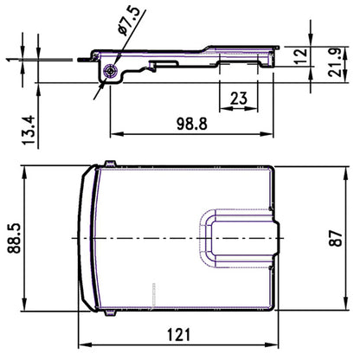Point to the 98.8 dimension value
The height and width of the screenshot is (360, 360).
tap(191, 124)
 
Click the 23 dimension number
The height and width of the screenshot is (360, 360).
tap(241, 100)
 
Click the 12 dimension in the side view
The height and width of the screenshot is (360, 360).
tap(300, 56)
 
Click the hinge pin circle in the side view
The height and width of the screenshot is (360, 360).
tap(110, 71)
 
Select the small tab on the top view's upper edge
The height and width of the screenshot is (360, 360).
tap(108, 164)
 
